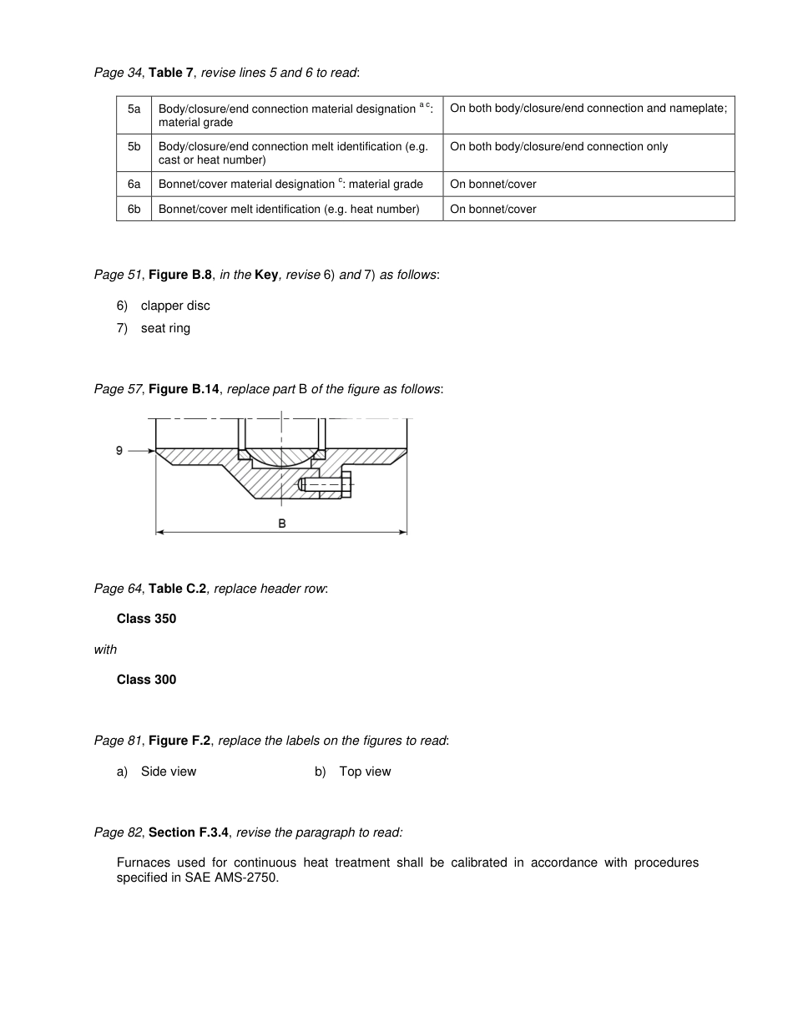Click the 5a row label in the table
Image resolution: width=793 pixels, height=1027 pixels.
pyautogui.click(x=134, y=109)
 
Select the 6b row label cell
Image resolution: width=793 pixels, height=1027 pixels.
pyautogui.click(x=134, y=209)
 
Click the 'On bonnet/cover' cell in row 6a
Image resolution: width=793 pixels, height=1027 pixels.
pyautogui.click(x=493, y=184)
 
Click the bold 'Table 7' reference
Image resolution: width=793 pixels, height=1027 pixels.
pyautogui.click(x=171, y=73)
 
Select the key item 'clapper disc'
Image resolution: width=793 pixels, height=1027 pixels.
pyautogui.click(x=175, y=306)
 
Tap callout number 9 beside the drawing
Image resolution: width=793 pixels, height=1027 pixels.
pyautogui.click(x=119, y=451)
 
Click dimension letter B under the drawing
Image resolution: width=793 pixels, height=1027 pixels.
pyautogui.click(x=282, y=523)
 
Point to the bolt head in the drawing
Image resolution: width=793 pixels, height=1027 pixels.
pyautogui.click(x=346, y=484)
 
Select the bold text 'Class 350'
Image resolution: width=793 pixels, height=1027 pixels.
pyautogui.click(x=146, y=619)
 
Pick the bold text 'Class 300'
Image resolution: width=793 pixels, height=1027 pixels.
pyautogui.click(x=146, y=680)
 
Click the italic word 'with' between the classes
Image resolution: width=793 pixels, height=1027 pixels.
pyautogui.click(x=105, y=650)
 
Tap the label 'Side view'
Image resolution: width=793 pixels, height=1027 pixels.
pyautogui.click(x=169, y=772)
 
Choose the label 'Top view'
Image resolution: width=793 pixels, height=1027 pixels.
pyautogui.click(x=365, y=772)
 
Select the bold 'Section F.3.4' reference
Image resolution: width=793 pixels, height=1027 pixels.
pyautogui.click(x=189, y=832)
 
